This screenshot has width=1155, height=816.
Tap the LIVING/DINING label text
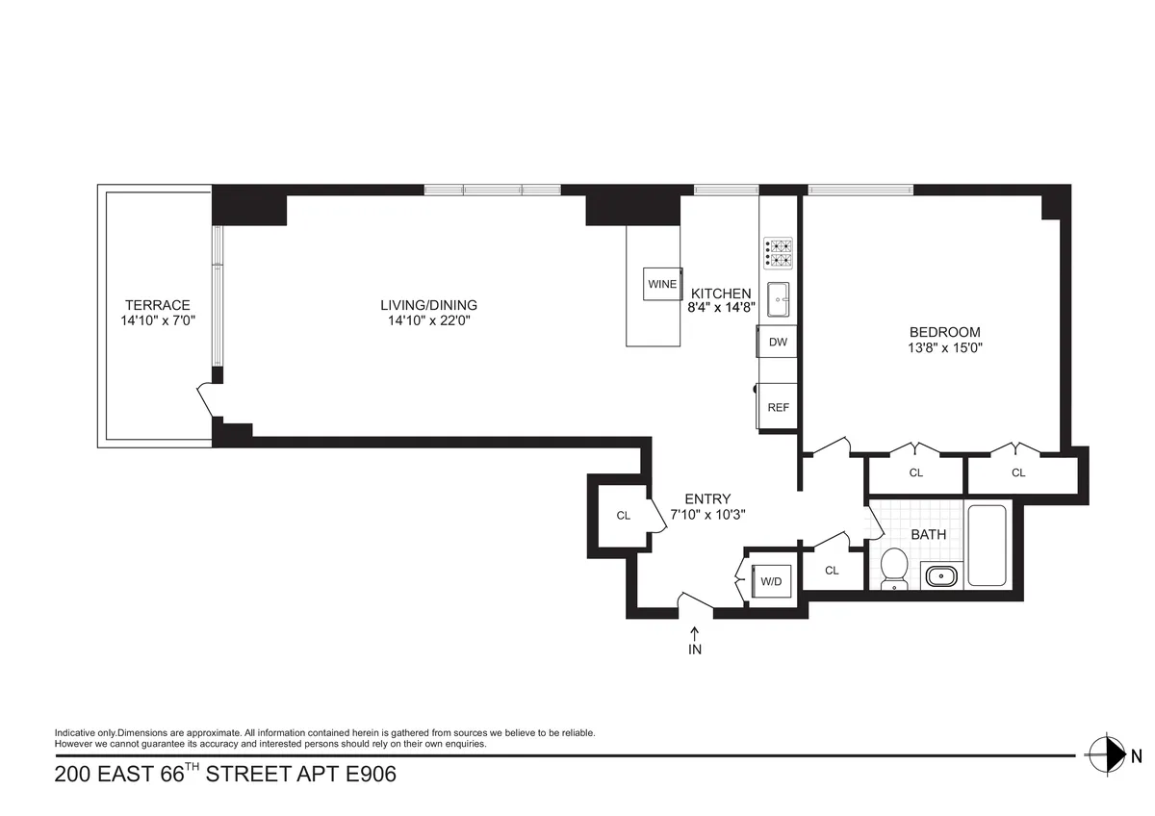pos(428,305)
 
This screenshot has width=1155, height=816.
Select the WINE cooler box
pos(662,284)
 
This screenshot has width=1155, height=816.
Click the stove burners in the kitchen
pos(778,251)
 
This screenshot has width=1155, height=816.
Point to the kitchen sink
pos(779,298)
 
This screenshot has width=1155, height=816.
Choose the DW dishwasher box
pos(778,342)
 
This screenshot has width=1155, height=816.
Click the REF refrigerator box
pos(778,407)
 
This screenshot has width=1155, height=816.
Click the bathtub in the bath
pos(988,545)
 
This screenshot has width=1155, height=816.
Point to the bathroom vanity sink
pos(939,576)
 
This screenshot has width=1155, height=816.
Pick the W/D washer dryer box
pos(771,580)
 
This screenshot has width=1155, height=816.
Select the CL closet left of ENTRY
pos(623,516)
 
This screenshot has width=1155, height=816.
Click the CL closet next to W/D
pos(832,570)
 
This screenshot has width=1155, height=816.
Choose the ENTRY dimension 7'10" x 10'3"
pos(708,514)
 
